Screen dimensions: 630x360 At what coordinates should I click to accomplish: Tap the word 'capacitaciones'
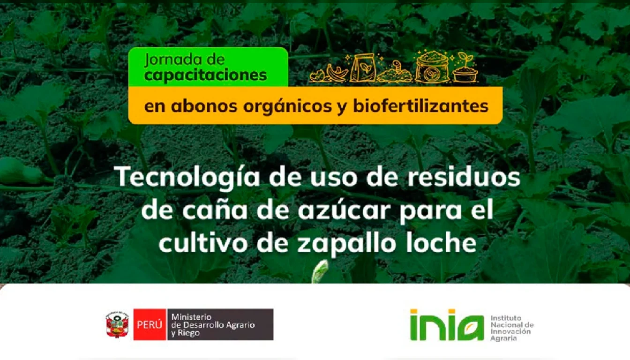[x=206, y=75]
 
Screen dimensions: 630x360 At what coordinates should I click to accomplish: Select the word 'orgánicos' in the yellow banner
[x=287, y=107]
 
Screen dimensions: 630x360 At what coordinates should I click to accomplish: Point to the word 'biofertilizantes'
[x=421, y=106]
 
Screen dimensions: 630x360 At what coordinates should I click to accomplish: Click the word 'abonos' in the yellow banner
[x=204, y=106]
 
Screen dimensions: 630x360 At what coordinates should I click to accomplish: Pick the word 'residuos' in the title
[x=464, y=177]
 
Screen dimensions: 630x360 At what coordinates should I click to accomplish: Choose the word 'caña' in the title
[x=215, y=210]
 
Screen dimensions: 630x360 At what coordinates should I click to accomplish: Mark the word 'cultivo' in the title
[x=203, y=242]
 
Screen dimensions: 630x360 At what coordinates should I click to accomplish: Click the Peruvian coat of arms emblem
[x=117, y=324]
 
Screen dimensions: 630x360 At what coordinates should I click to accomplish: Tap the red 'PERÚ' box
[x=150, y=324]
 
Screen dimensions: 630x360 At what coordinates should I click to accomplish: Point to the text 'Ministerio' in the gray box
[x=191, y=317]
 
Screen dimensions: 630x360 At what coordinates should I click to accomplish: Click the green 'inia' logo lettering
[x=447, y=325]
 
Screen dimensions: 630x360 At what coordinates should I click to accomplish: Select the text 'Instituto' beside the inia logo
[x=506, y=318]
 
